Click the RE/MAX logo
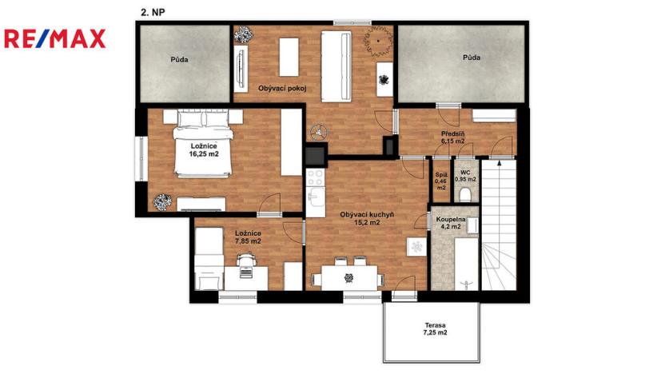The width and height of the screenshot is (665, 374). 54,39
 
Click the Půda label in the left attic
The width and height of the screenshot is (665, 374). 179,59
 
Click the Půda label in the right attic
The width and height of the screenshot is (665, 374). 472,58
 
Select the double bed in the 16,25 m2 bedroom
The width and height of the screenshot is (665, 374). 204,145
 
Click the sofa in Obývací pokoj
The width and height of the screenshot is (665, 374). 337,66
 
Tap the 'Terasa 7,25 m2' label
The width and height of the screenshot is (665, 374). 435,328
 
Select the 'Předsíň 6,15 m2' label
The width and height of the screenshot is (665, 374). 452,137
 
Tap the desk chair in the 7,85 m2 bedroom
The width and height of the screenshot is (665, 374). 245,259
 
